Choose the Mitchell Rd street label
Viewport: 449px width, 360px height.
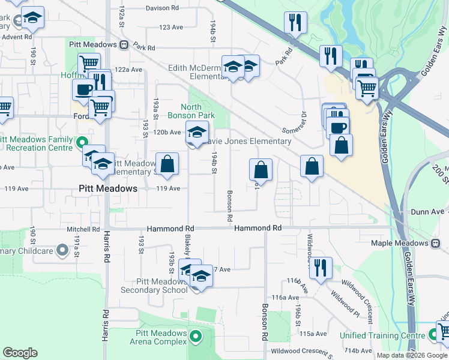(x=83, y=229)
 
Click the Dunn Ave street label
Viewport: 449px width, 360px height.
(x=427, y=212)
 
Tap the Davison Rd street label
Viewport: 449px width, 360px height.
(x=162, y=8)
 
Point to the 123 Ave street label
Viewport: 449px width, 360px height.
(x=171, y=28)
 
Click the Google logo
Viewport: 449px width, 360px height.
(x=20, y=353)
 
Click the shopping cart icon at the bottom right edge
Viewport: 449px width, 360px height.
(x=443, y=331)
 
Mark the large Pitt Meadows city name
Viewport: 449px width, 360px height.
(x=108, y=188)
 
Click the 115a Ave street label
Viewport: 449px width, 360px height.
(x=314, y=334)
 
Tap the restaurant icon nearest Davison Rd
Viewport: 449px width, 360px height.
(x=295, y=23)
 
